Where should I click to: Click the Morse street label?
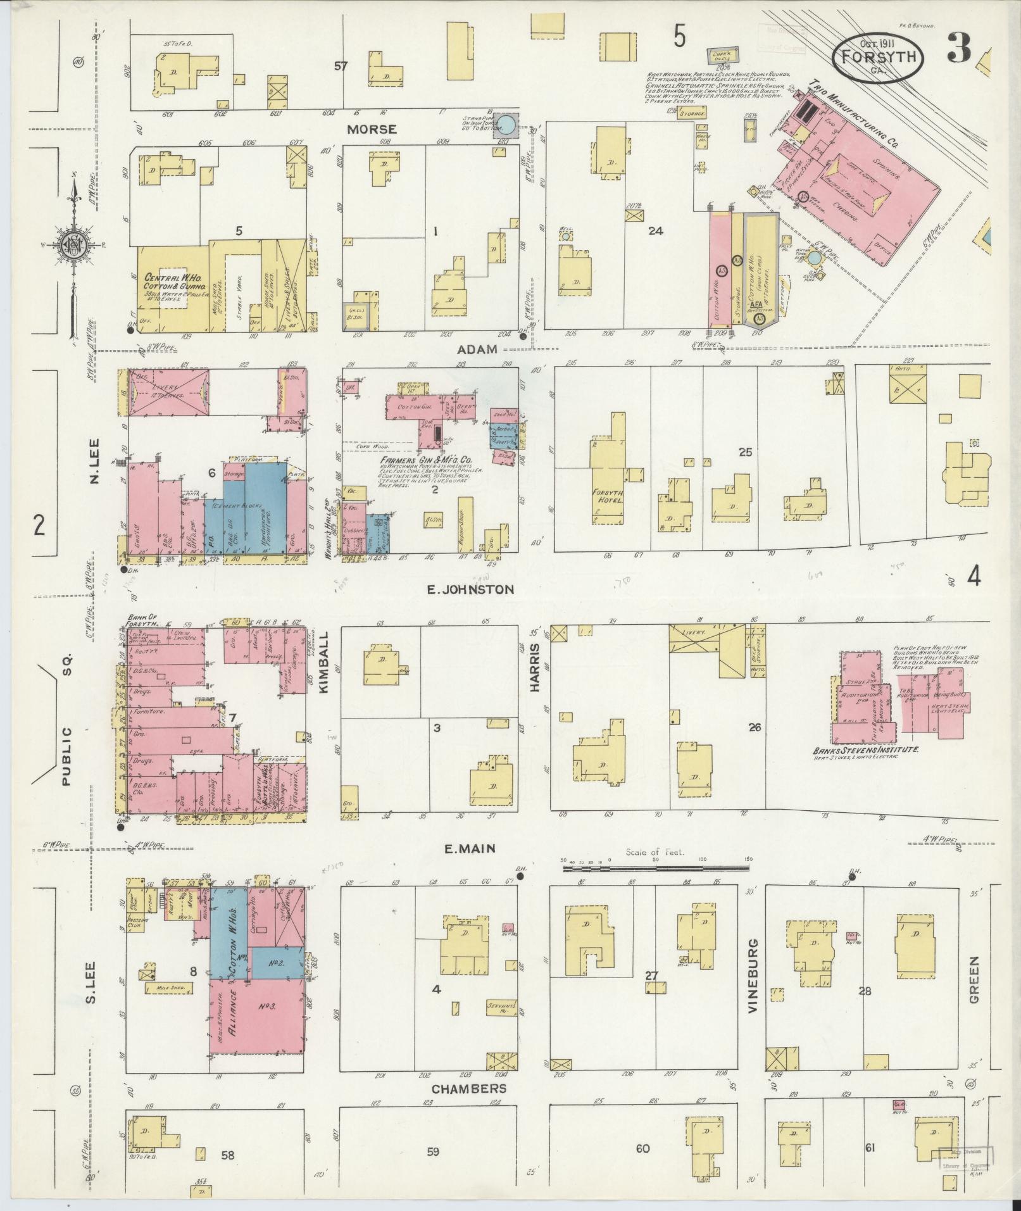[372, 129]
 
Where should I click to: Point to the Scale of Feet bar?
[655, 862]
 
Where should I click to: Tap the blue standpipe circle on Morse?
[504, 124]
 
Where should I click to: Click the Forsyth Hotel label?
[605, 497]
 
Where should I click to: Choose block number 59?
[432, 1151]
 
